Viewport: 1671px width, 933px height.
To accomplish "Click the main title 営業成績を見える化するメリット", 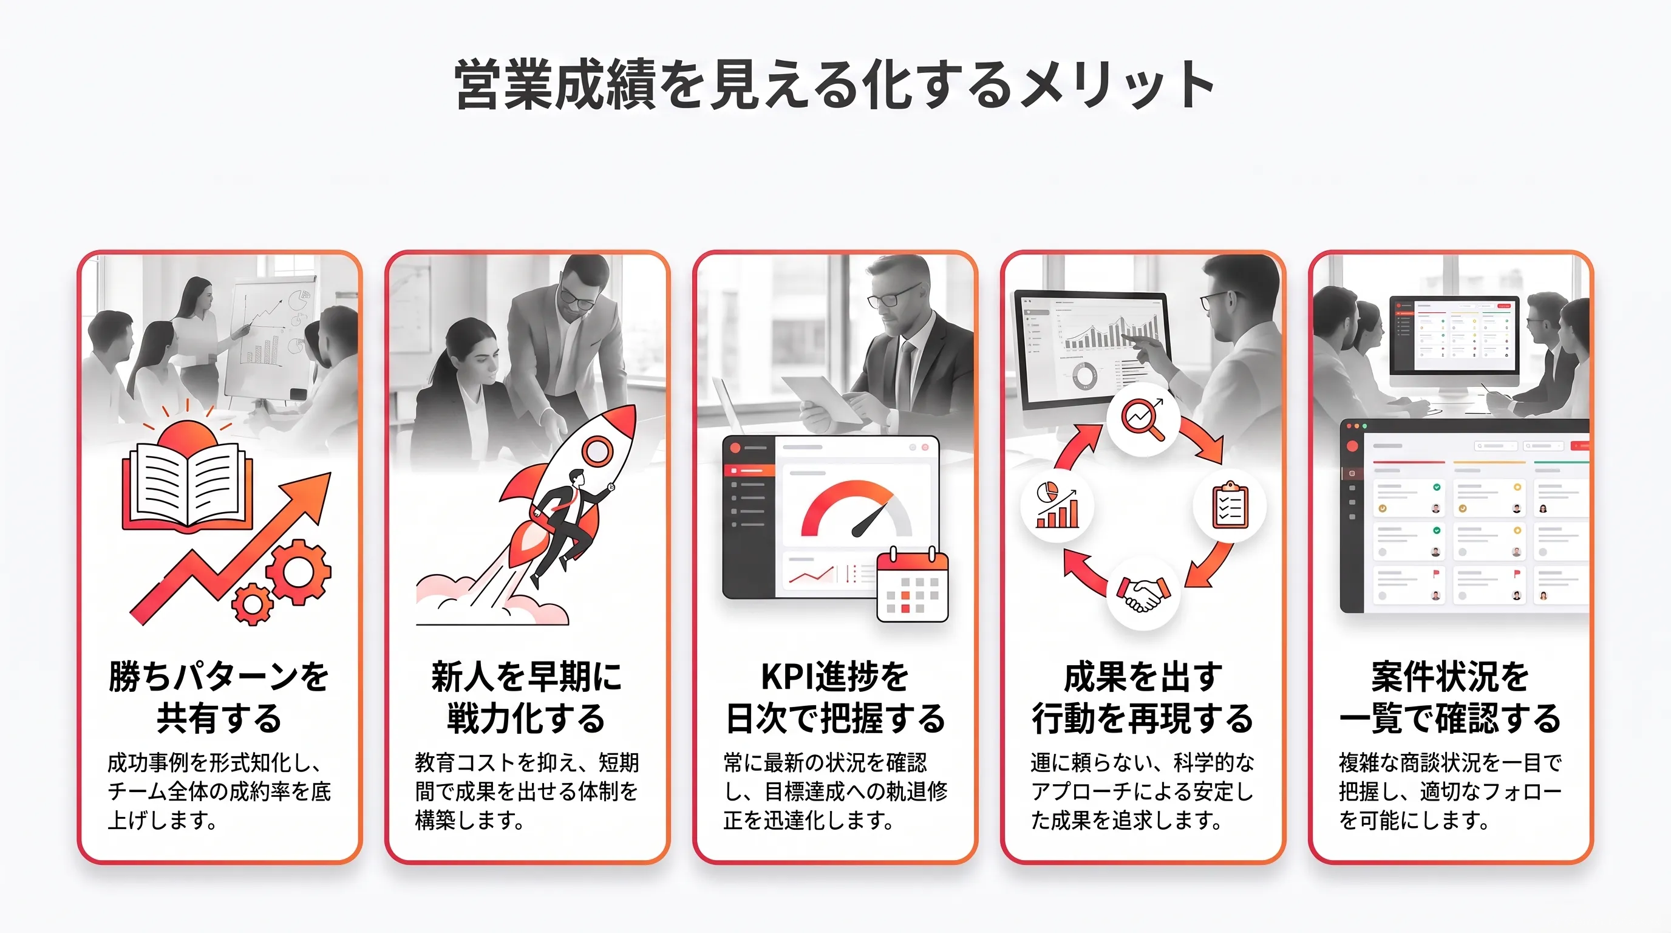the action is (835, 85).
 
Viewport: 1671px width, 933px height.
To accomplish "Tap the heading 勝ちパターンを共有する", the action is (219, 697).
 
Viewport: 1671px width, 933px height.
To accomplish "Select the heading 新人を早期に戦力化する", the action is (526, 697).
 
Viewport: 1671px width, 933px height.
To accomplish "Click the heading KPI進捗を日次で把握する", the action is (835, 697).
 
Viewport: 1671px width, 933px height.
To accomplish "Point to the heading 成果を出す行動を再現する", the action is (1143, 697).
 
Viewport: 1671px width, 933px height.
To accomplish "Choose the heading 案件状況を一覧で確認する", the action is (1451, 697).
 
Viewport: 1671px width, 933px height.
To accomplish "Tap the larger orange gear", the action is (298, 572).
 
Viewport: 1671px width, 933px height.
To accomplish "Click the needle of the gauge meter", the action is (871, 519).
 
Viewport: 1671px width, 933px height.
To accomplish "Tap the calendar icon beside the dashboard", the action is (913, 585).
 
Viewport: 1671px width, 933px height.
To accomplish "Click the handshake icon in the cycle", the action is (1143, 593).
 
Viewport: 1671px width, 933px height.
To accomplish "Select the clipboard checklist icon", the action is (1231, 505).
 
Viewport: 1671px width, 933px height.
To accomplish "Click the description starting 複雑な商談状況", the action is (1451, 791).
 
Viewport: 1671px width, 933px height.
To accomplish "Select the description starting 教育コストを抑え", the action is (526, 791).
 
